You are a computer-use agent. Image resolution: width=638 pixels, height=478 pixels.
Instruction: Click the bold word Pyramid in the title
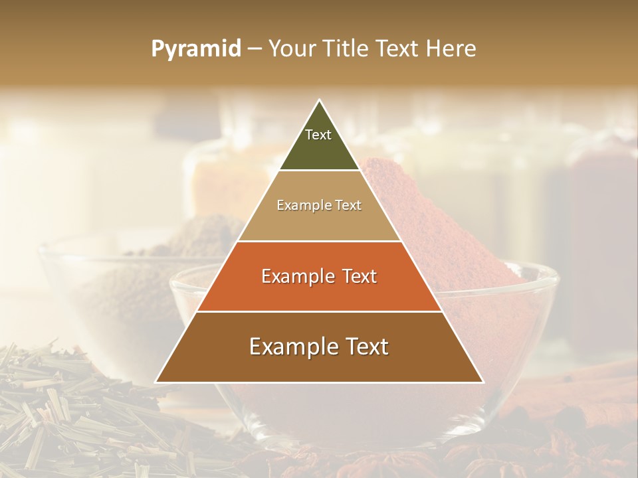click(196, 49)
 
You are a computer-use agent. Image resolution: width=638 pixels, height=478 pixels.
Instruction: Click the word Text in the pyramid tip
click(318, 135)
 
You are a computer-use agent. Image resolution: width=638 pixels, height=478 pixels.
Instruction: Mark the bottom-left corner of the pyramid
click(156, 382)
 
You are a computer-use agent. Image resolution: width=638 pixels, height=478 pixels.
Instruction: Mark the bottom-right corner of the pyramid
click(483, 382)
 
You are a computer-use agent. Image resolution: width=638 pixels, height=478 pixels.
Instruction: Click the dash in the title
click(255, 49)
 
